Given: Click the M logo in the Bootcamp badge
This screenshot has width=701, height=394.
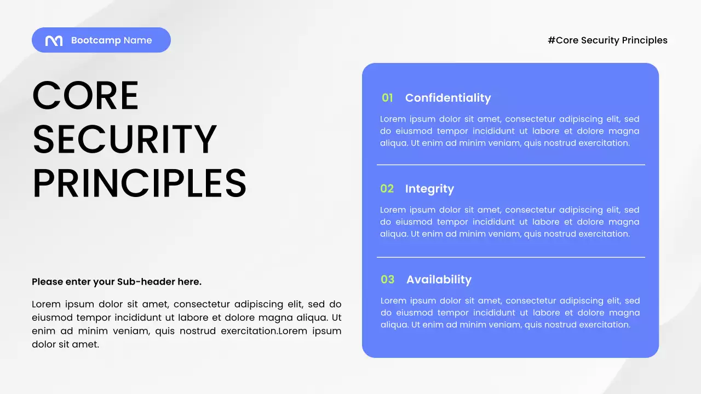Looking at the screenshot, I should (54, 40).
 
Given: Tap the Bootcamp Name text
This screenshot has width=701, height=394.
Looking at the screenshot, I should (111, 40).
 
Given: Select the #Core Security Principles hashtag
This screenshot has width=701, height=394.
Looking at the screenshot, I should (607, 40).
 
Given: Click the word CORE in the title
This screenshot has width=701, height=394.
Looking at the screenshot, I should (85, 96).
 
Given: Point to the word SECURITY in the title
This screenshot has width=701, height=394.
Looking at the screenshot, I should (125, 140).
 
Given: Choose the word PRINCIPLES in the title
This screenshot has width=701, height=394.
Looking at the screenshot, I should (140, 184).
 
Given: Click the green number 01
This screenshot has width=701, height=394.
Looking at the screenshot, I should (387, 98).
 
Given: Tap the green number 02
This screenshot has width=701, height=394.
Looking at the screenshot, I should (387, 189).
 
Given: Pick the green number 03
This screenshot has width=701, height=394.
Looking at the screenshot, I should (387, 280).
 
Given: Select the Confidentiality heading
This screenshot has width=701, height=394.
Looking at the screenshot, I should (447, 98).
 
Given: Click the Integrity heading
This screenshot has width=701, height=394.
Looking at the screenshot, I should (429, 189).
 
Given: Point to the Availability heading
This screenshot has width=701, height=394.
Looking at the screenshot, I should (439, 280).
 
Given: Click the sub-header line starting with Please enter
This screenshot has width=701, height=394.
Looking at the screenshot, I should (117, 282).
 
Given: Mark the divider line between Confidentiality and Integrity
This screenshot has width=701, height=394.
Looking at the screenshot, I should (510, 165).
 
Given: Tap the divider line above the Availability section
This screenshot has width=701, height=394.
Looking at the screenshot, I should (510, 257).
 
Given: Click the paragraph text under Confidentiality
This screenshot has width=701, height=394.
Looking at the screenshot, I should (509, 131).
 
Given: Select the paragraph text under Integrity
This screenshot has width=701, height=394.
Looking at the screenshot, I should (509, 222).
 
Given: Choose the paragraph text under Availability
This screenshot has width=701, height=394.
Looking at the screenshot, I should (509, 313).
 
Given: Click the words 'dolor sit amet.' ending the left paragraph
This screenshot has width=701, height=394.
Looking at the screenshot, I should (65, 345).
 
